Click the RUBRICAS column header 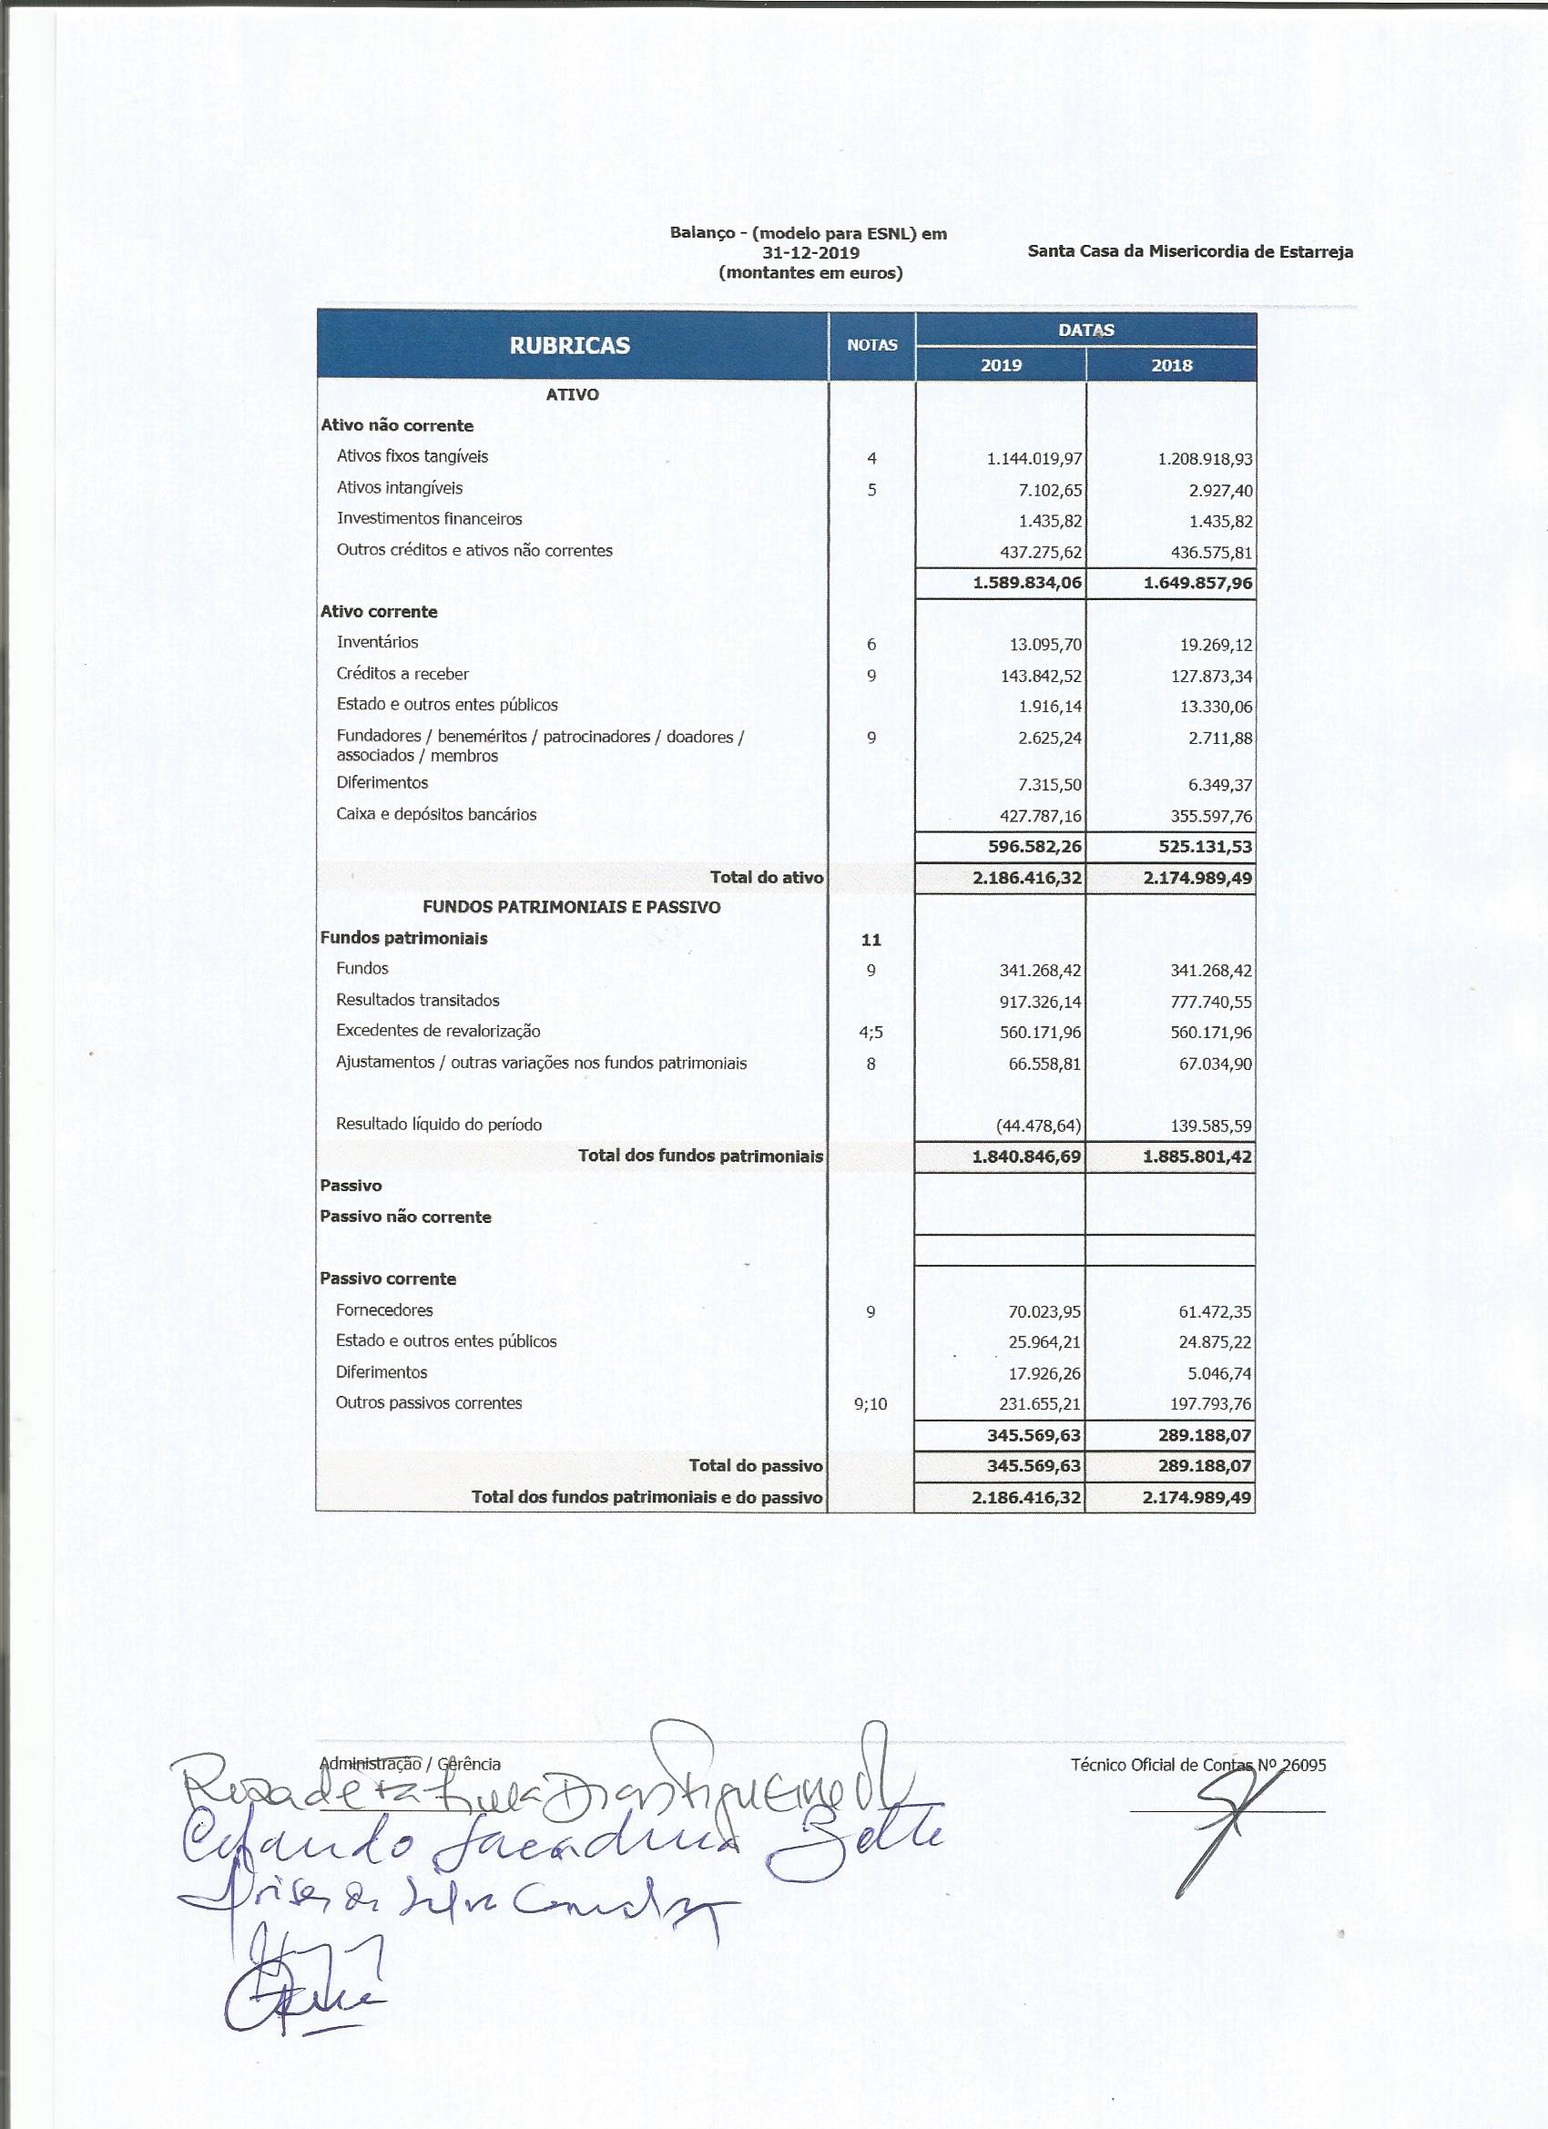(569, 345)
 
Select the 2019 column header (1001, 365)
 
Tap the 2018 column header (1171, 365)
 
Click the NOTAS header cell (872, 345)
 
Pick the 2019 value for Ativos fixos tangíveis (1034, 459)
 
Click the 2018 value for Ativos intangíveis (1217, 491)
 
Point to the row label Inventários (377, 642)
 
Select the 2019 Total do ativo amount (1027, 879)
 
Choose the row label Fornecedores (384, 1309)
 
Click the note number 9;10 (871, 1404)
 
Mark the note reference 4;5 (871, 1033)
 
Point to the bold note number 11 (871, 939)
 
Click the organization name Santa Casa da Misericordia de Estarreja (1189, 251)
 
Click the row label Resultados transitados (418, 1000)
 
